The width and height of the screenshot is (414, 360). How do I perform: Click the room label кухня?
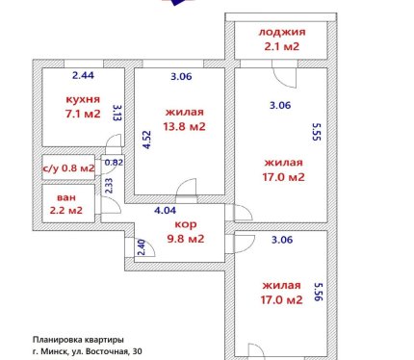point(83,99)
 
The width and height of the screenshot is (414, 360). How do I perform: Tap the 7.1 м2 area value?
point(83,114)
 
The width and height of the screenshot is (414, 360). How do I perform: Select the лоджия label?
point(282,32)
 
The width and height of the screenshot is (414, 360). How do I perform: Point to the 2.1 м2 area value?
point(282,46)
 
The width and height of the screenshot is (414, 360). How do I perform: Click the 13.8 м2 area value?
point(184,126)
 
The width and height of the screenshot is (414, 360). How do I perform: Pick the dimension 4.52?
point(146,140)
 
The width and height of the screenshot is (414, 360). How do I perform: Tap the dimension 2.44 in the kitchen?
point(83,75)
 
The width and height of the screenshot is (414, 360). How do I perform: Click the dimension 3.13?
point(117,113)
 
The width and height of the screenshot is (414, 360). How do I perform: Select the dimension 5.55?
point(317,132)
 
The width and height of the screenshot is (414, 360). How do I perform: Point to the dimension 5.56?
point(318,292)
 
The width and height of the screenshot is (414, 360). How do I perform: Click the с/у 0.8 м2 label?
point(68,167)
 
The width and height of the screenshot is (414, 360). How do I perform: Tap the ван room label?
point(66,197)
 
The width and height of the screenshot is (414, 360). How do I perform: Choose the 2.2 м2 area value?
point(66,211)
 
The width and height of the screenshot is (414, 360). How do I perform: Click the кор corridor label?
point(186,224)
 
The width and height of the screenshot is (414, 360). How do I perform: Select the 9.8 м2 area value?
point(186,239)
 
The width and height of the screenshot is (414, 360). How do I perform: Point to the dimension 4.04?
point(165,211)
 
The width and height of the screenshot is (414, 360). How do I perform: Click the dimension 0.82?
point(114,163)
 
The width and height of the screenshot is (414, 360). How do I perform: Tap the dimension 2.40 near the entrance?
point(142,247)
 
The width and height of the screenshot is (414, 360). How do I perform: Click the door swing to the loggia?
point(284,76)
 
